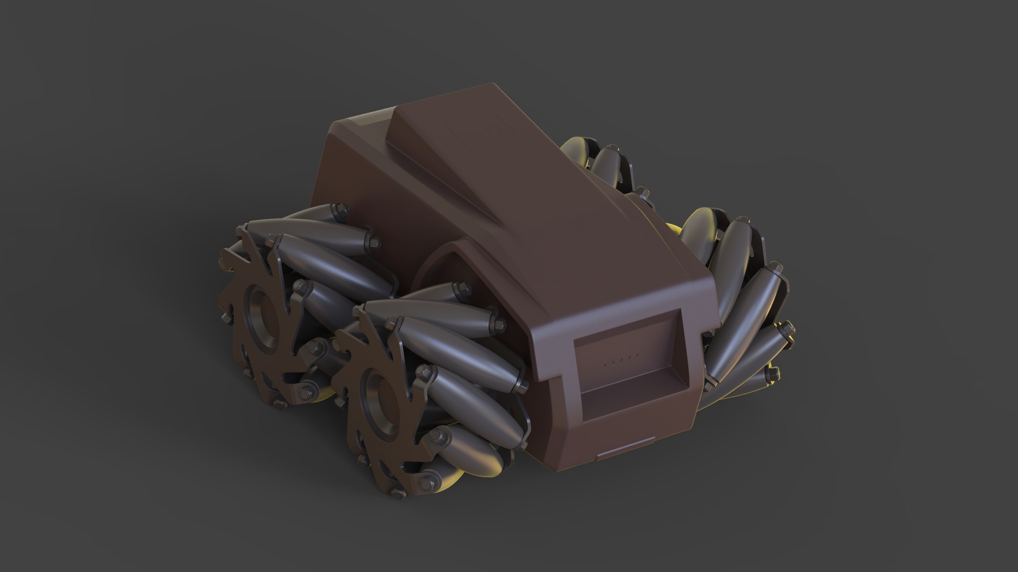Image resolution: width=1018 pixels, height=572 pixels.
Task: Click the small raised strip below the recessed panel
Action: (x=625, y=454)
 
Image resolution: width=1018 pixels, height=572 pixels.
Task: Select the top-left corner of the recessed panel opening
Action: (x=576, y=342)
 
